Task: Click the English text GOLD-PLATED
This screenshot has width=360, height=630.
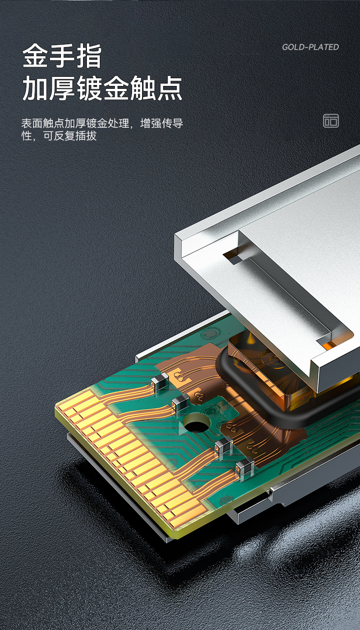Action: click(x=311, y=47)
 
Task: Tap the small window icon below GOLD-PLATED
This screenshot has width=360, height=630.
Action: click(x=331, y=121)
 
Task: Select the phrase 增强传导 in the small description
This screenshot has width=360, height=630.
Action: click(x=162, y=123)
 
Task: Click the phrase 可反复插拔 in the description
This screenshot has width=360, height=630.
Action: click(x=70, y=136)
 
